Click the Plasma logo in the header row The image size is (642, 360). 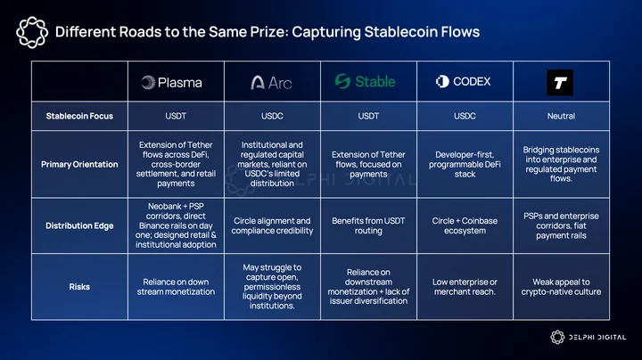(x=171, y=83)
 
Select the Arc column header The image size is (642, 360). (x=271, y=83)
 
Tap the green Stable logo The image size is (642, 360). (x=366, y=81)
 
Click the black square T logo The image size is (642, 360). (x=560, y=83)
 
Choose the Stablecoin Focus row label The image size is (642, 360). (x=79, y=116)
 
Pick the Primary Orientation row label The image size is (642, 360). (x=79, y=165)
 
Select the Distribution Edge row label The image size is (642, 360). (x=79, y=225)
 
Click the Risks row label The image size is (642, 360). (x=79, y=287)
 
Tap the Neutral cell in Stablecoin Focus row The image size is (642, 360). (x=561, y=116)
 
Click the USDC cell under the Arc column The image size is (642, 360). (x=272, y=116)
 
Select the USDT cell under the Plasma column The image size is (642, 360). (x=176, y=116)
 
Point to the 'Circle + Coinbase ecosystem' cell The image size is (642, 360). (x=465, y=225)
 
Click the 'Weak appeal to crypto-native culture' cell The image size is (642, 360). (x=561, y=287)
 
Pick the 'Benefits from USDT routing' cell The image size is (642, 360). (x=368, y=225)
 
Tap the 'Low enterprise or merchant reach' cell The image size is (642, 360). (x=465, y=287)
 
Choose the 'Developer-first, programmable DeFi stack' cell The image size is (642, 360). (x=465, y=165)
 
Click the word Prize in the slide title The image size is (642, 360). (x=266, y=32)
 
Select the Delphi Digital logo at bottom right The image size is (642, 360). (x=588, y=337)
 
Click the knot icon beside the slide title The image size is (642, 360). (x=32, y=32)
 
